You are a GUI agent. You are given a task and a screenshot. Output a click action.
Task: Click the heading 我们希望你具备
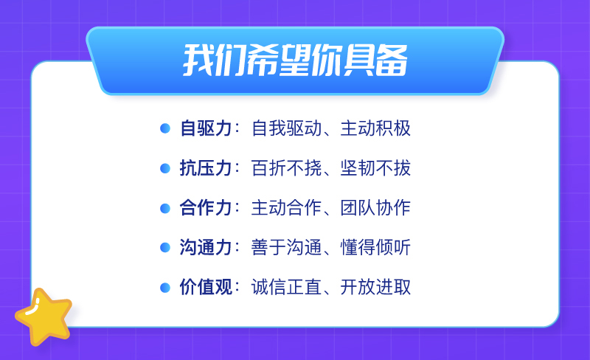coord(296,60)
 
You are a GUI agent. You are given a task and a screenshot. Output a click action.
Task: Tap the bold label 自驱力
coord(206,128)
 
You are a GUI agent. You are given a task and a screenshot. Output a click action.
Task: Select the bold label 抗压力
coord(206,168)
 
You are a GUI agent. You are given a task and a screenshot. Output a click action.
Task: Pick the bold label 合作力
coord(206,207)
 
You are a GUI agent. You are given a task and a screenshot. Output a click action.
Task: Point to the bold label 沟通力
coord(206,247)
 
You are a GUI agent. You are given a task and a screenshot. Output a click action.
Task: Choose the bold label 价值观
coord(206,287)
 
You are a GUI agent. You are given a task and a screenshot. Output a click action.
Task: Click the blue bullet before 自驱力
coord(165,128)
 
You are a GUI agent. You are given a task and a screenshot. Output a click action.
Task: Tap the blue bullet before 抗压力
coord(165,168)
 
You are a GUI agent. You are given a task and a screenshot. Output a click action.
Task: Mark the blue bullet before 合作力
coord(165,208)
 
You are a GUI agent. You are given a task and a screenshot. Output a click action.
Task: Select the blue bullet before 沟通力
coord(165,248)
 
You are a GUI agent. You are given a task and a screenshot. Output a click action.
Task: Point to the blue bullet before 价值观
coord(165,287)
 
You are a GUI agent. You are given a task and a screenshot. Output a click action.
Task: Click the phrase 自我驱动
coord(287,128)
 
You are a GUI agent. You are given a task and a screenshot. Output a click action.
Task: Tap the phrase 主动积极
coord(375,128)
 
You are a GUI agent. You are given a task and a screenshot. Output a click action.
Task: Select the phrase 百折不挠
coord(287,168)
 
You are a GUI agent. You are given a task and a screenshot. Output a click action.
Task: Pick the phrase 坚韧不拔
coord(375,168)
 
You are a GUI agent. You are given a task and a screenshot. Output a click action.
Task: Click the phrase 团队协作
coord(375,207)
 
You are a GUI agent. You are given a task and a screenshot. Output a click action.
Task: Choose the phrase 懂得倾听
coord(375,247)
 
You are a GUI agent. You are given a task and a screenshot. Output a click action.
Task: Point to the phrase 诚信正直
coord(287,287)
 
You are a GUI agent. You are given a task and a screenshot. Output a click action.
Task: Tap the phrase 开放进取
coord(375,287)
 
